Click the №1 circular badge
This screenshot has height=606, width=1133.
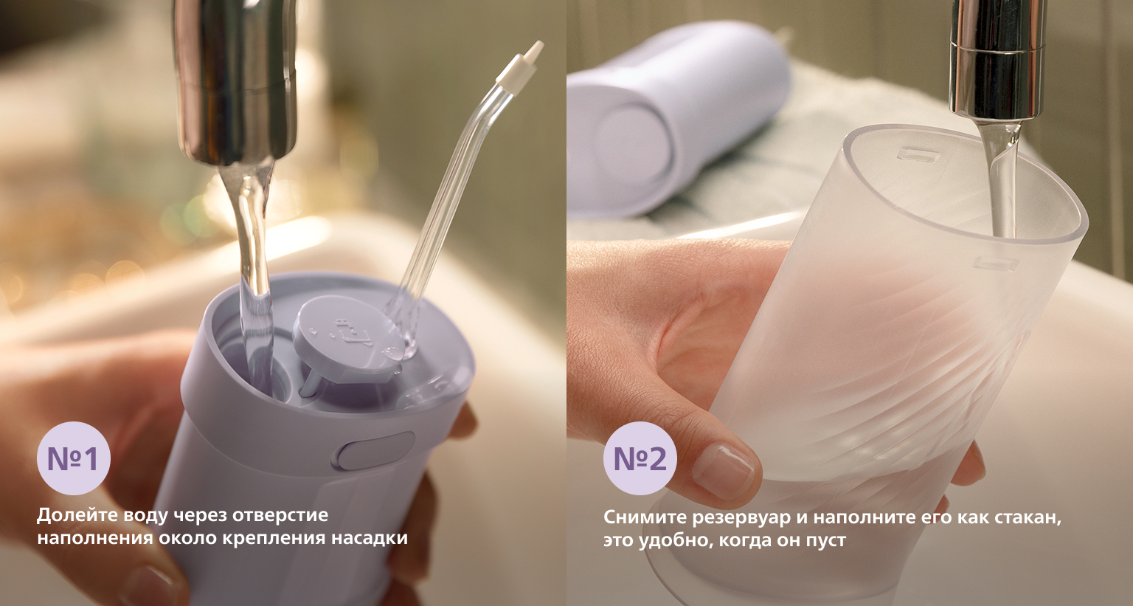[x=73, y=458]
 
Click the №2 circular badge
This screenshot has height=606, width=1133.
[x=640, y=458]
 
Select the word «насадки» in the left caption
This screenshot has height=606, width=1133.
[x=370, y=537]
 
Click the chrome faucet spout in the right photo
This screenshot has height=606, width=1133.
[x=995, y=61]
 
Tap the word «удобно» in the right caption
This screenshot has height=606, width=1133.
[x=672, y=541]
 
